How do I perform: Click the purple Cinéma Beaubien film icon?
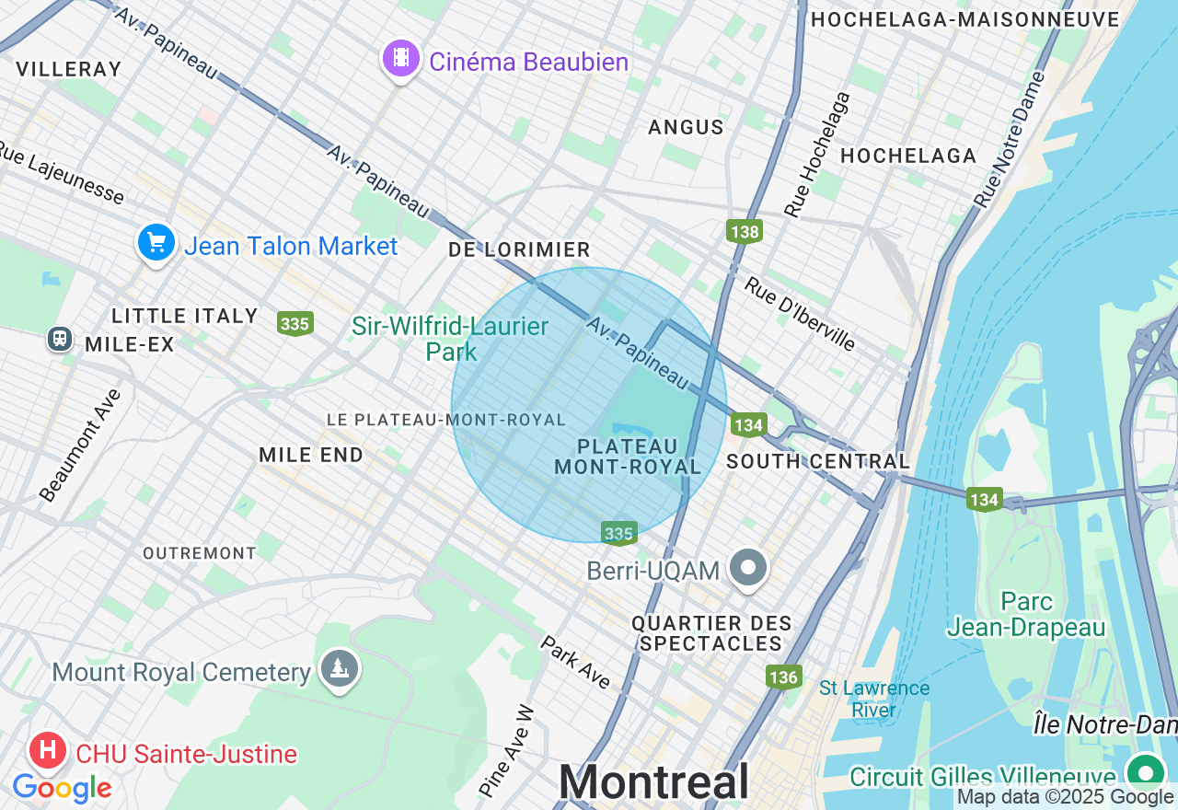click(400, 59)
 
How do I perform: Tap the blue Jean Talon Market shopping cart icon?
click(156, 243)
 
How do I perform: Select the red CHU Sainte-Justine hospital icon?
click(47, 751)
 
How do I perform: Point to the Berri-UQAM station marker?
click(749, 568)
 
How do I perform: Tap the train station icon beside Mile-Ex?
click(61, 339)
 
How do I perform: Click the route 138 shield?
click(744, 230)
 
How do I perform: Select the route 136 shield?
click(782, 677)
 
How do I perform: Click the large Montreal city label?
click(653, 782)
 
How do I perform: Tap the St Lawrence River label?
click(873, 699)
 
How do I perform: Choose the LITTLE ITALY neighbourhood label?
click(185, 316)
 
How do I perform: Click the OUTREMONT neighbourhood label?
click(200, 553)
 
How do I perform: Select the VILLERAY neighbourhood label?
click(69, 69)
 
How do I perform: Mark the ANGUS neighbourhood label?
click(686, 127)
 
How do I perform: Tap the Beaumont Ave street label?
click(81, 445)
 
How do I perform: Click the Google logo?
click(62, 788)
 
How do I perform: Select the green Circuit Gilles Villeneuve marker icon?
click(1145, 771)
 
